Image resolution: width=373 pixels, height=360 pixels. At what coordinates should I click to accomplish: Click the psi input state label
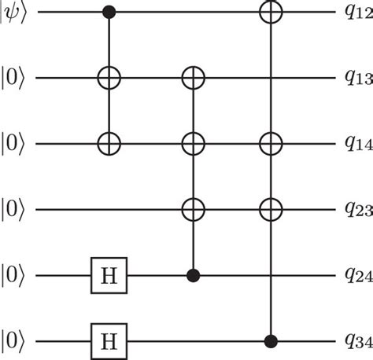point(13,13)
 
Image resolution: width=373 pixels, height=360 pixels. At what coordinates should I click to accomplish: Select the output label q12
point(359,13)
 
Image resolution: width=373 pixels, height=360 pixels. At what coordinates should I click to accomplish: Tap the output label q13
point(359,78)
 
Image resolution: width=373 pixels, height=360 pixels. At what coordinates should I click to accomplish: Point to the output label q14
point(359,144)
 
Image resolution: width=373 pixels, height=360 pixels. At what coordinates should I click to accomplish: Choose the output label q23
point(359,209)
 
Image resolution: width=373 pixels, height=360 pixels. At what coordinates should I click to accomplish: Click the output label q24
point(359,275)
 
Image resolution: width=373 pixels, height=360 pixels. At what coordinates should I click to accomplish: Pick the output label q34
point(359,341)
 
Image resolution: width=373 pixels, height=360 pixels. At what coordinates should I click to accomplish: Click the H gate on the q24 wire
point(109,275)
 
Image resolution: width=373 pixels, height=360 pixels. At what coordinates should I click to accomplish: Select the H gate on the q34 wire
point(109,341)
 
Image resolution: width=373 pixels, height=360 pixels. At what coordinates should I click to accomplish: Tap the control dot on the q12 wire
point(109,12)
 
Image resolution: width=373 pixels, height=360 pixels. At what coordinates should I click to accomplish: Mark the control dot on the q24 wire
point(194,275)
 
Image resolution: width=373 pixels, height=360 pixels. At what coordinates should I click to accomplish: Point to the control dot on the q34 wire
point(271,341)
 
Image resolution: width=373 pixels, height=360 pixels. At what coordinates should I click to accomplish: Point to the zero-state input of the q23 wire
point(13,210)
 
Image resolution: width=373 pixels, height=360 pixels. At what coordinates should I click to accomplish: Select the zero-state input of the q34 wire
point(13,341)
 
